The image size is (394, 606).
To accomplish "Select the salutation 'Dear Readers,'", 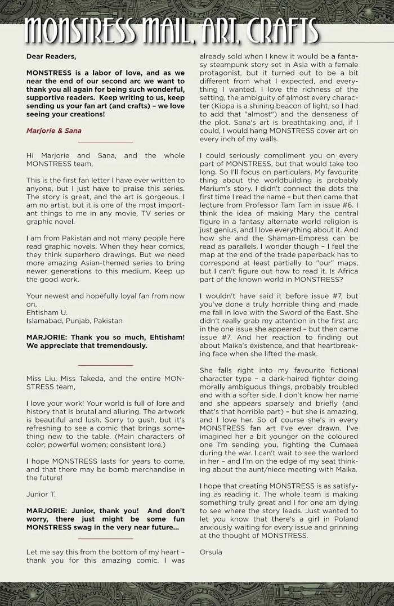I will (x=51, y=57).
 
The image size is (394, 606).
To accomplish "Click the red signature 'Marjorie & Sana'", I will (x=53, y=131).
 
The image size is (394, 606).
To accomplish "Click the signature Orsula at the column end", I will (x=211, y=552).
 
